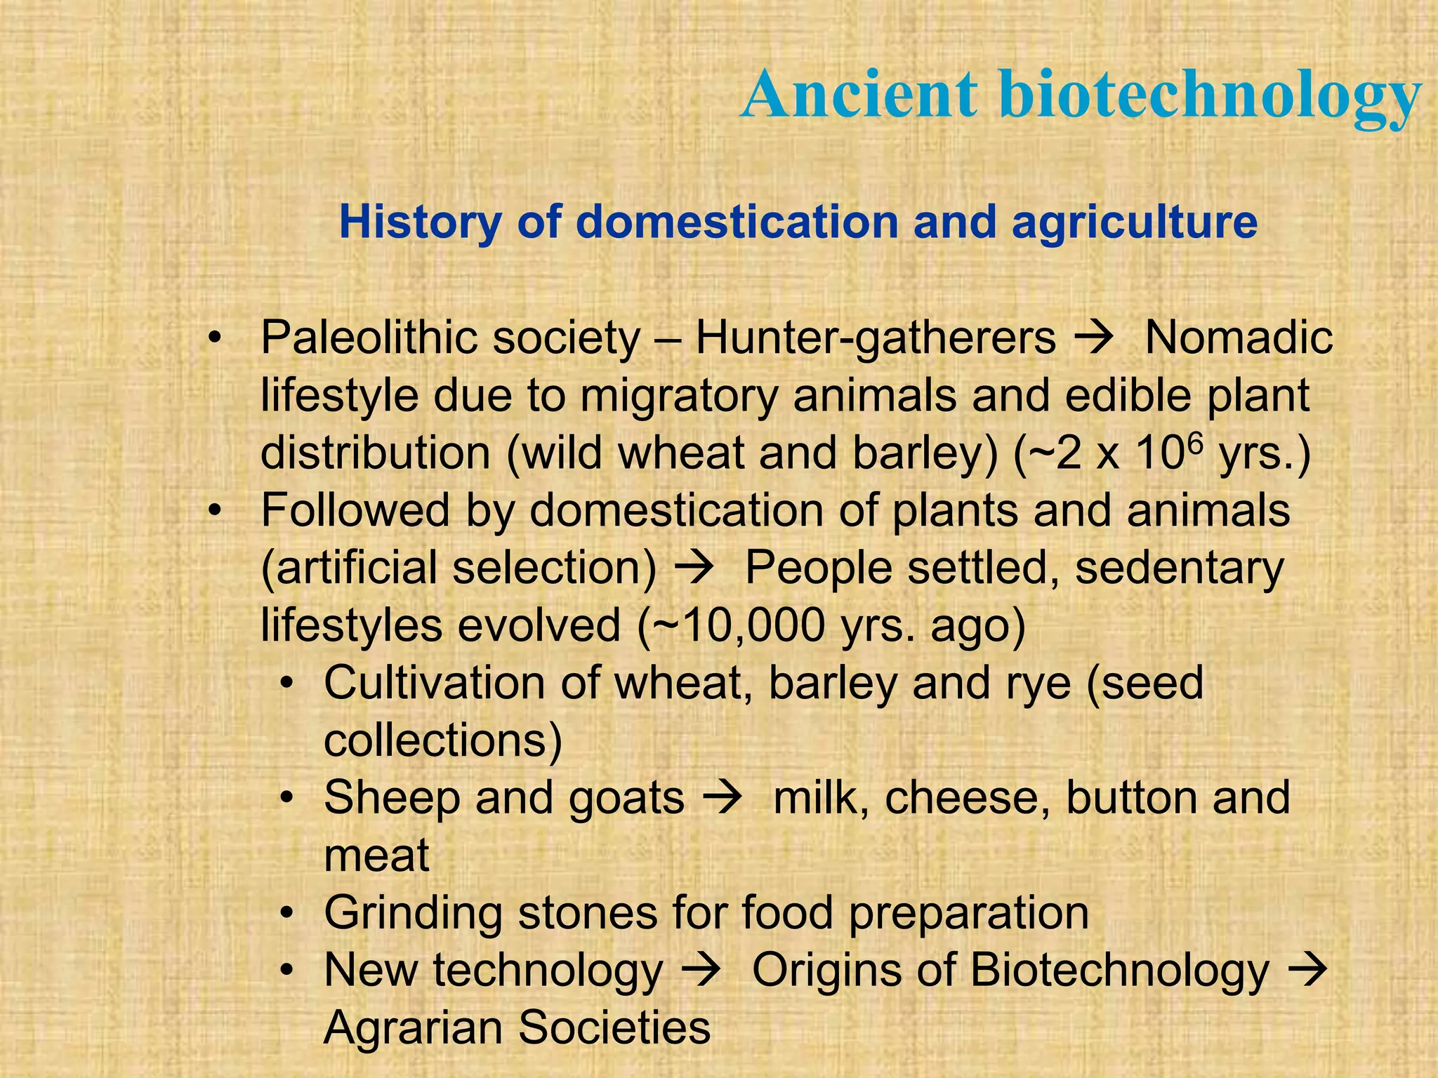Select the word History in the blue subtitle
(x=420, y=222)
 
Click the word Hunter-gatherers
(x=875, y=338)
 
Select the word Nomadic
(x=1238, y=338)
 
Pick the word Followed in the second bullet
(x=355, y=510)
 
